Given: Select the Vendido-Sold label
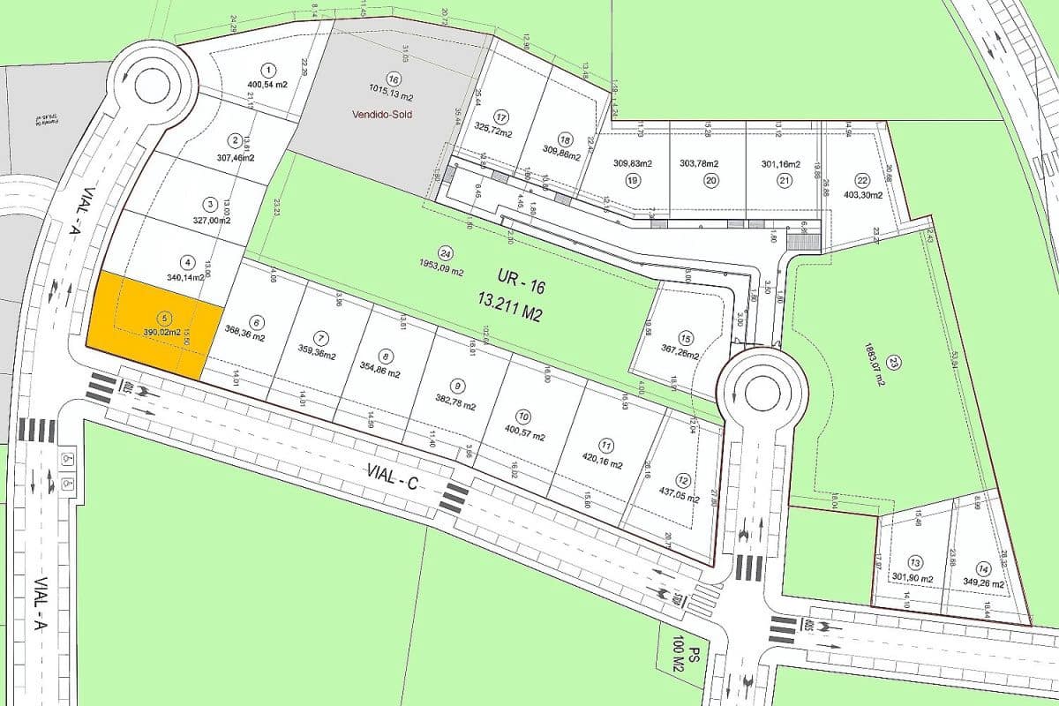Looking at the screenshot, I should (x=380, y=115).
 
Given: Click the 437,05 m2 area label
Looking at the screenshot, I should (x=674, y=497).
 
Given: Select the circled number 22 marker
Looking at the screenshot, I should (x=862, y=180).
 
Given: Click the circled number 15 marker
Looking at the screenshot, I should (x=686, y=338).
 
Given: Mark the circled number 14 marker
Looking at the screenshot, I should (x=983, y=568).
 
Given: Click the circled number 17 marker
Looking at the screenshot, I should (x=501, y=117).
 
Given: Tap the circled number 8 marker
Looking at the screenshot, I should (x=385, y=357).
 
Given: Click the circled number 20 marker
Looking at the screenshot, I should (x=711, y=180).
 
